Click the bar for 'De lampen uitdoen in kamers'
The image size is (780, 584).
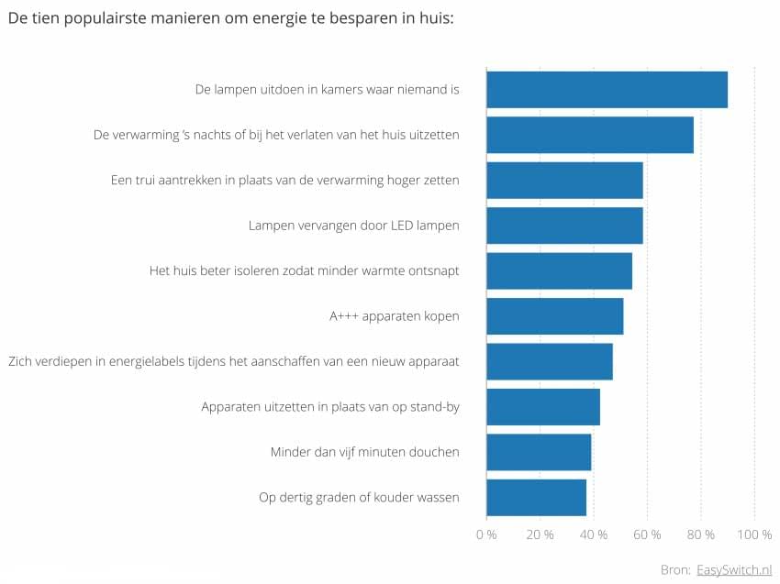pos(607,90)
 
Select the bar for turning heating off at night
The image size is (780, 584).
pos(590,135)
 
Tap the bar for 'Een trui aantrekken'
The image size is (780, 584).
pos(564,181)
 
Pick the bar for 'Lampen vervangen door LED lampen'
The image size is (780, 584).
pos(564,226)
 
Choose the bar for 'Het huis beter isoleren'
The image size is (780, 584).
pos(559,270)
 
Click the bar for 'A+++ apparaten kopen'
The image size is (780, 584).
pos(554,316)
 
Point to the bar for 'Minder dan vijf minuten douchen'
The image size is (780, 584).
pos(539,452)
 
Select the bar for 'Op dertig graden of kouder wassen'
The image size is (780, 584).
pos(536,497)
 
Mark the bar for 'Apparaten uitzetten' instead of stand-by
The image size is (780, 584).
pos(543,407)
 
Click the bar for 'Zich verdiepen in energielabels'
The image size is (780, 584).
pos(549,361)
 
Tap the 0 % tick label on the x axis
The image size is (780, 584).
pos(486,534)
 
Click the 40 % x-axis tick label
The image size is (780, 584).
pos(594,534)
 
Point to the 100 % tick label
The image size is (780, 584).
pos(754,534)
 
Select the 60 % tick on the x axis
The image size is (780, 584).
pos(647,534)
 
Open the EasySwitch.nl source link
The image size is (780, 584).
pos(734,569)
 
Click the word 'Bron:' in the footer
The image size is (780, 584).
pos(675,569)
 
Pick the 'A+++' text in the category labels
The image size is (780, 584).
pos(345,316)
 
